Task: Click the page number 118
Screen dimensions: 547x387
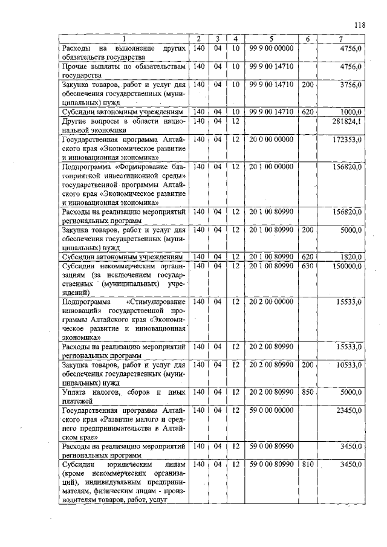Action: pos(360,25)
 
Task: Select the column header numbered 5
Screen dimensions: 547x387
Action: pos(272,39)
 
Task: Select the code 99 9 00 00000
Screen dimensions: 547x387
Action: pos(271,48)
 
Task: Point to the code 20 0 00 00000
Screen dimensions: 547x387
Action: pos(271,140)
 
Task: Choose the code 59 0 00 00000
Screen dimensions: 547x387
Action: pos(271,410)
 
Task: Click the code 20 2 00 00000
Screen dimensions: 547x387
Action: pos(271,301)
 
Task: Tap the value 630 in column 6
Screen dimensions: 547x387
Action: pos(307,265)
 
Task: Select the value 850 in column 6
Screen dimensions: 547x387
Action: pos(307,392)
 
